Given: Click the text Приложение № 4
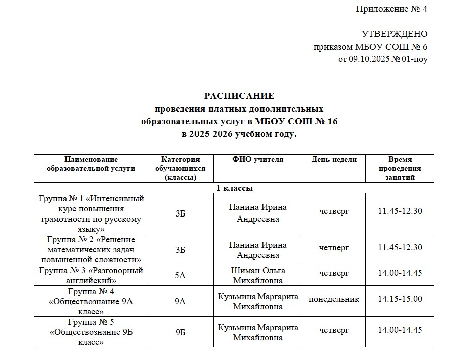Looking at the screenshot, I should click(391, 9).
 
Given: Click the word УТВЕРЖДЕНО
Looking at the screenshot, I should click(395, 34).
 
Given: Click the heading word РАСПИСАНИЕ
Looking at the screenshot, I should click(239, 96).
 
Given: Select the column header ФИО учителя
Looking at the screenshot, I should click(258, 160).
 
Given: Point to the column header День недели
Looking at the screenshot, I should click(334, 160).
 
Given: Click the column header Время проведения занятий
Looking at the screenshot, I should click(400, 168).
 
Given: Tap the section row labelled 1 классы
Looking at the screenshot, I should click(234, 188).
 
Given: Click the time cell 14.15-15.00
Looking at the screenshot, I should click(400, 299).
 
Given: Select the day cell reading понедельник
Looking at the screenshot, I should click(334, 299).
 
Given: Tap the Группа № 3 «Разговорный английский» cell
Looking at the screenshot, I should click(91, 275).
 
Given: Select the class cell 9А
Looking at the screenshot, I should click(181, 301).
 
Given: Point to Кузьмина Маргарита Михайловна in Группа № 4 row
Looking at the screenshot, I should click(258, 301).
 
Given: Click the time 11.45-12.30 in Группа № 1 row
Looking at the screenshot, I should click(400, 211).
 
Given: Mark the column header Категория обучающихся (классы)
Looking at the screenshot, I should click(181, 168).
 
